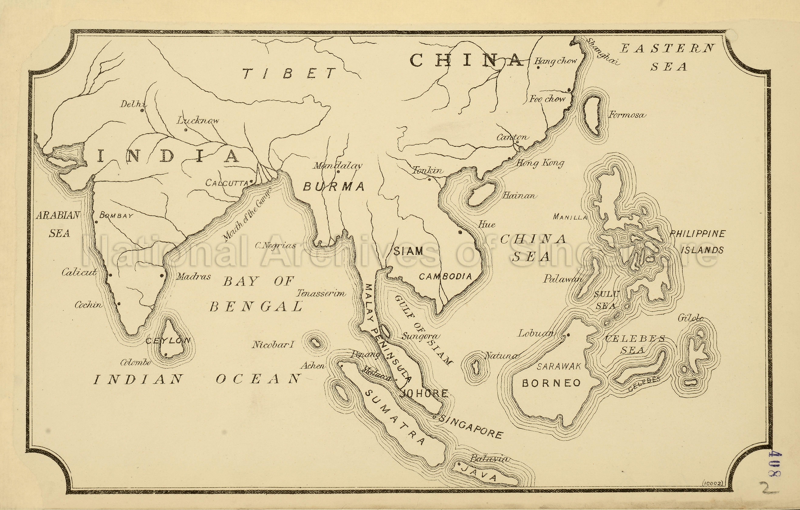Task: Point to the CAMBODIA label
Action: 445,276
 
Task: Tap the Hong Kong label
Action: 540,163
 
